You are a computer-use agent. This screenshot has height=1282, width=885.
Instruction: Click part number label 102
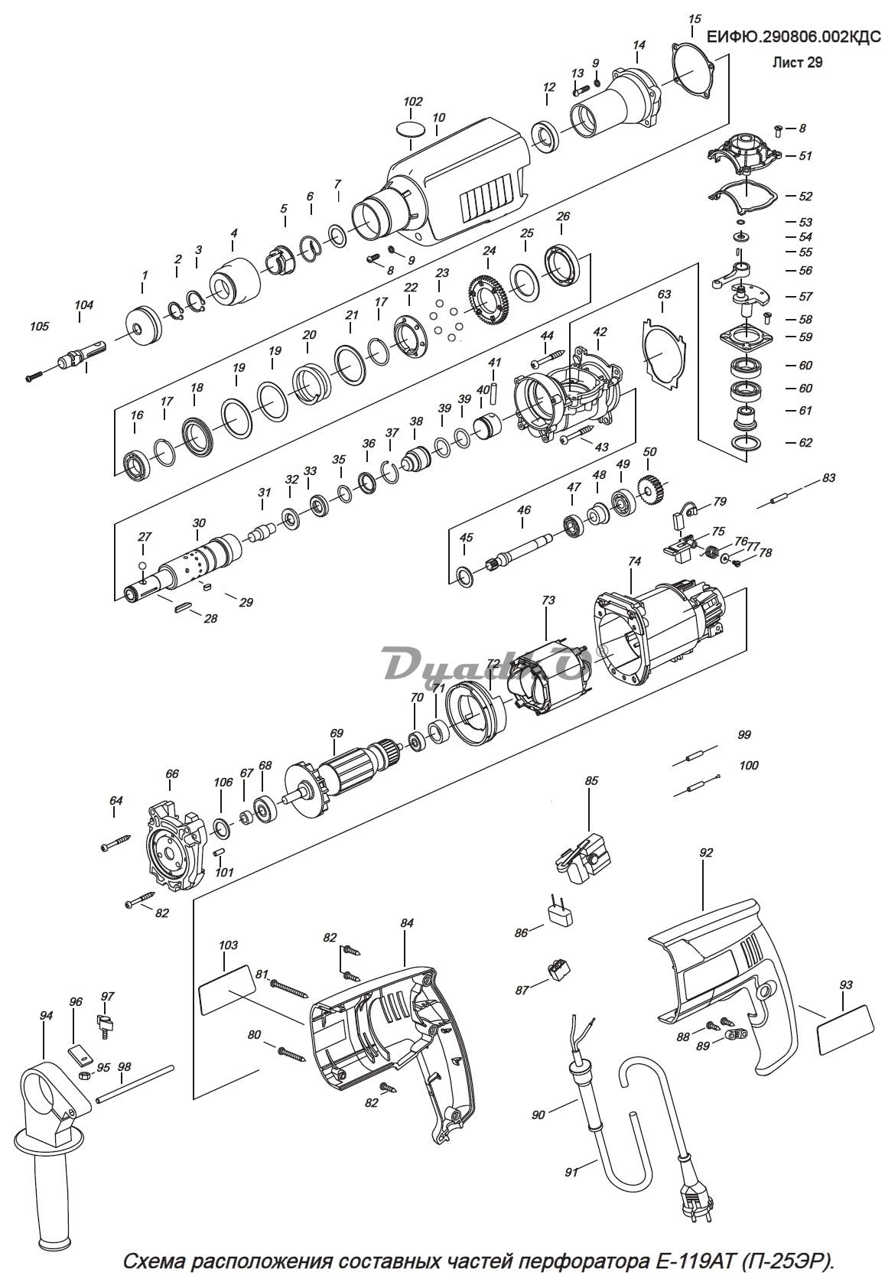(x=412, y=102)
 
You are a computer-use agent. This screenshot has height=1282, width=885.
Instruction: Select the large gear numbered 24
(x=488, y=301)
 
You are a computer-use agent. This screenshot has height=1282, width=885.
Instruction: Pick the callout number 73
(x=548, y=600)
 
